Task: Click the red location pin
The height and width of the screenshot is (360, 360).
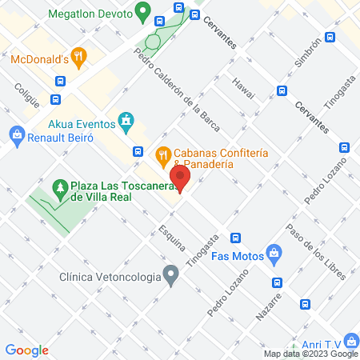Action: [180, 178]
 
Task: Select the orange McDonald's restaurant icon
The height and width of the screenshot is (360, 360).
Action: [78, 57]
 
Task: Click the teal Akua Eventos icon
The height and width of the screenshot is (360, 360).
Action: [125, 122]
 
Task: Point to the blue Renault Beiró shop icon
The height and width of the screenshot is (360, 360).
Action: [14, 134]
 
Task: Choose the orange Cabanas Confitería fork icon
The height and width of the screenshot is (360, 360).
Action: [162, 153]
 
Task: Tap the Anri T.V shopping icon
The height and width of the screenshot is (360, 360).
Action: [348, 340]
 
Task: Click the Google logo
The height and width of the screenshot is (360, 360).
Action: [26, 350]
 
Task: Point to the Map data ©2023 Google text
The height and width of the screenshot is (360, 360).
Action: [311, 354]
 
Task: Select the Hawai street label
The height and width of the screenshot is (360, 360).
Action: [243, 90]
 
